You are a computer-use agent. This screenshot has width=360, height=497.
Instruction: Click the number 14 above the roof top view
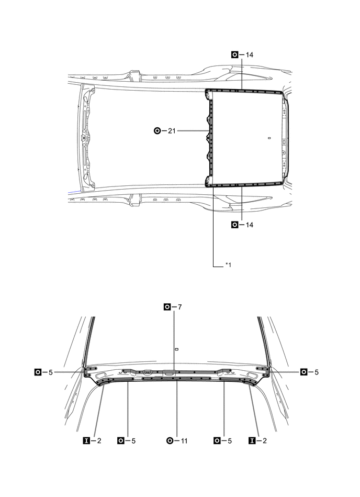(250, 54)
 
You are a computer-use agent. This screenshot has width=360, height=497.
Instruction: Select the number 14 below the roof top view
(250, 225)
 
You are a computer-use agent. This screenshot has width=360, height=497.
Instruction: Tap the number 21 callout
(171, 131)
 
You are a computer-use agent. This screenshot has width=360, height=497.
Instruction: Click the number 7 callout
(179, 306)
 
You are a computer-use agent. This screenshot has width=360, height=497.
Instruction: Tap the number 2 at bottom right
(264, 441)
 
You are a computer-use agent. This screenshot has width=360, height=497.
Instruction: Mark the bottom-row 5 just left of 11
(133, 441)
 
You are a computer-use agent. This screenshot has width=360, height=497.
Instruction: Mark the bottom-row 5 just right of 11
(230, 441)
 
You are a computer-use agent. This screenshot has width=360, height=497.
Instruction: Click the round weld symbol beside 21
(157, 131)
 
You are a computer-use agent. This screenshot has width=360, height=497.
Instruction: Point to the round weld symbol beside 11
(170, 441)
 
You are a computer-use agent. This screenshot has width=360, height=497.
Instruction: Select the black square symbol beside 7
(167, 306)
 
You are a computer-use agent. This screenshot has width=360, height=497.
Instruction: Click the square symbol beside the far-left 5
(38, 372)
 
